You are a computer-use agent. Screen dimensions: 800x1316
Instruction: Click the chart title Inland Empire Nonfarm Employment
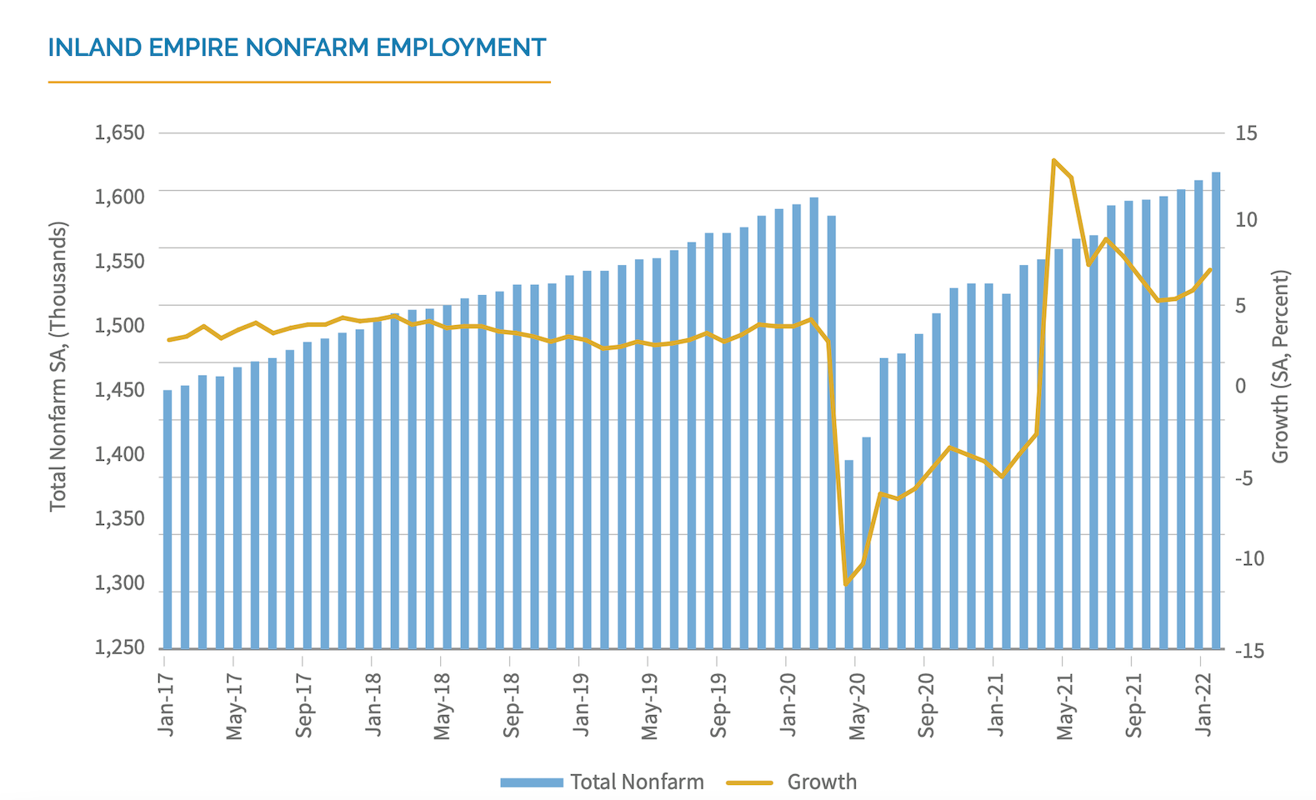[x=297, y=47]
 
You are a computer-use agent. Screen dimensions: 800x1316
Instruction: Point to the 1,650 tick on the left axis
[x=119, y=132]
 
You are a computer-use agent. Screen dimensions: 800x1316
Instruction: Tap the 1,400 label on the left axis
[x=119, y=454]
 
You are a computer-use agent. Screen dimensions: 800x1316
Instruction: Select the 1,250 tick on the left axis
[x=119, y=647]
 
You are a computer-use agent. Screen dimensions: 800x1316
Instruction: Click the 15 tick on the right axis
[x=1246, y=133]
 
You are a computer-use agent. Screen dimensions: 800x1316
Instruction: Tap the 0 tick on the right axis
[x=1240, y=386]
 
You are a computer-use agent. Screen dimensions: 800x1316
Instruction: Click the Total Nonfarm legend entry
[x=603, y=782]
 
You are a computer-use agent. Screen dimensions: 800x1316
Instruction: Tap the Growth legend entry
[x=792, y=782]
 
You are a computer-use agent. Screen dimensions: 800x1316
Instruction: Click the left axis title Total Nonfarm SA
[x=58, y=367]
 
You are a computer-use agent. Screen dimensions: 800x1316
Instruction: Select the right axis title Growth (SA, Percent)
[x=1279, y=367]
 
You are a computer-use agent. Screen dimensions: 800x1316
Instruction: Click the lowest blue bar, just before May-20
[x=848, y=554]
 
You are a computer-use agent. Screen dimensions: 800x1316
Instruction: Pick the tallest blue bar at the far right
[x=1216, y=408]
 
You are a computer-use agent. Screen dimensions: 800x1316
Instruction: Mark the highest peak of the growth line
[x=1054, y=160]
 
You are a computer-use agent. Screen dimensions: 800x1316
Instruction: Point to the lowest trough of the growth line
[x=847, y=584]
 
